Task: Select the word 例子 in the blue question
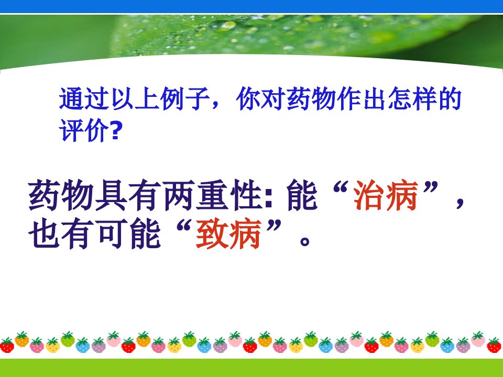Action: (x=184, y=98)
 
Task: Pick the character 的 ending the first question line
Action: (x=450, y=98)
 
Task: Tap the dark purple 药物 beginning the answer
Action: (x=61, y=195)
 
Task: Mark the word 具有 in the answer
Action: (x=128, y=195)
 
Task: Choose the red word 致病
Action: (x=228, y=234)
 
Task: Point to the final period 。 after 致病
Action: (x=304, y=241)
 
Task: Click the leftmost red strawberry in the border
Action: (x=7, y=345)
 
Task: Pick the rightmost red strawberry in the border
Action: (x=494, y=345)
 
